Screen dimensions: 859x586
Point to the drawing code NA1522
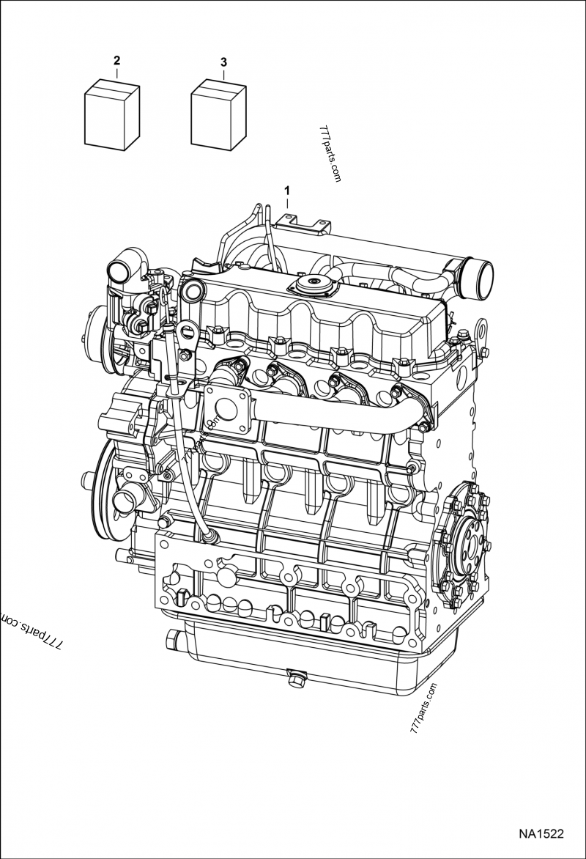(x=539, y=833)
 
